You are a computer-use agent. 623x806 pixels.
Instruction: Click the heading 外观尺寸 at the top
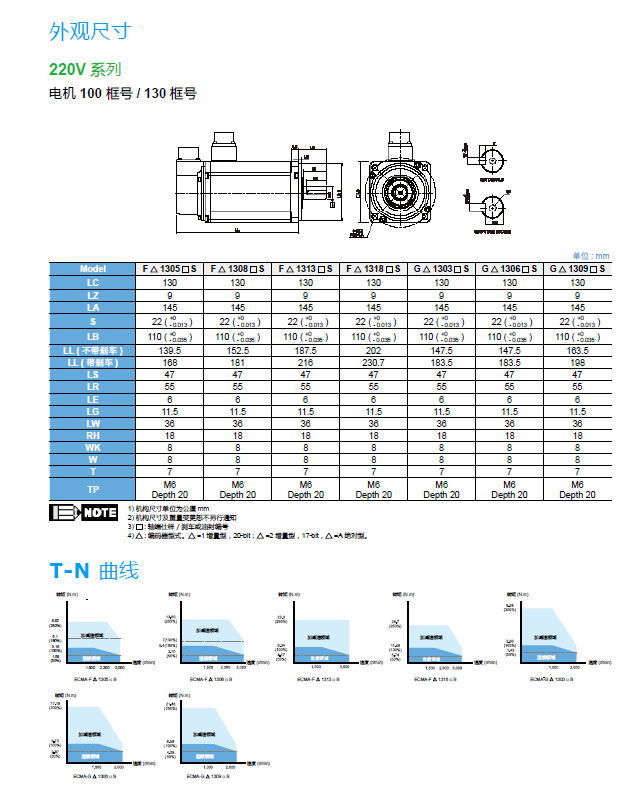(x=89, y=31)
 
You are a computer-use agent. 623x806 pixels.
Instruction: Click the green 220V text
(x=68, y=70)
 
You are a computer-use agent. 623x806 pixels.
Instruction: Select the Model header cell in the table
(x=92, y=269)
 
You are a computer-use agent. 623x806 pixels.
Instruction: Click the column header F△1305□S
(x=168, y=269)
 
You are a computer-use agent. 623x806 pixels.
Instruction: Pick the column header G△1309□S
(x=577, y=269)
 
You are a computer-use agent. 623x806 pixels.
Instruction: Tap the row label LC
(x=92, y=283)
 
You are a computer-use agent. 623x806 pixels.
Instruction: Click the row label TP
(x=92, y=489)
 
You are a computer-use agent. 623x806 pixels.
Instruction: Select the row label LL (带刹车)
(x=92, y=363)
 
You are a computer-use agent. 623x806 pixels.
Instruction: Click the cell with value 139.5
(x=168, y=351)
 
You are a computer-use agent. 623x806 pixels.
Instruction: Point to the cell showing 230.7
(x=373, y=363)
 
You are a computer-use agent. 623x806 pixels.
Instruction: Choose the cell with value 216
(x=305, y=363)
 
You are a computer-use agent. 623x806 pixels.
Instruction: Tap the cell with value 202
(x=373, y=351)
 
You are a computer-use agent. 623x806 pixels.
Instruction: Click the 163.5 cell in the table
(x=577, y=351)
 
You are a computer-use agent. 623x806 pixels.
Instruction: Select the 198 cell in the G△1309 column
(x=577, y=363)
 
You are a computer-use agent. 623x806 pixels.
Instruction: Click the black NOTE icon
(x=83, y=513)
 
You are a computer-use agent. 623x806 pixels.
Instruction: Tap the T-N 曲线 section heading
(x=94, y=571)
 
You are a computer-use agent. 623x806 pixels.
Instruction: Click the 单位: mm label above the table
(x=590, y=256)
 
